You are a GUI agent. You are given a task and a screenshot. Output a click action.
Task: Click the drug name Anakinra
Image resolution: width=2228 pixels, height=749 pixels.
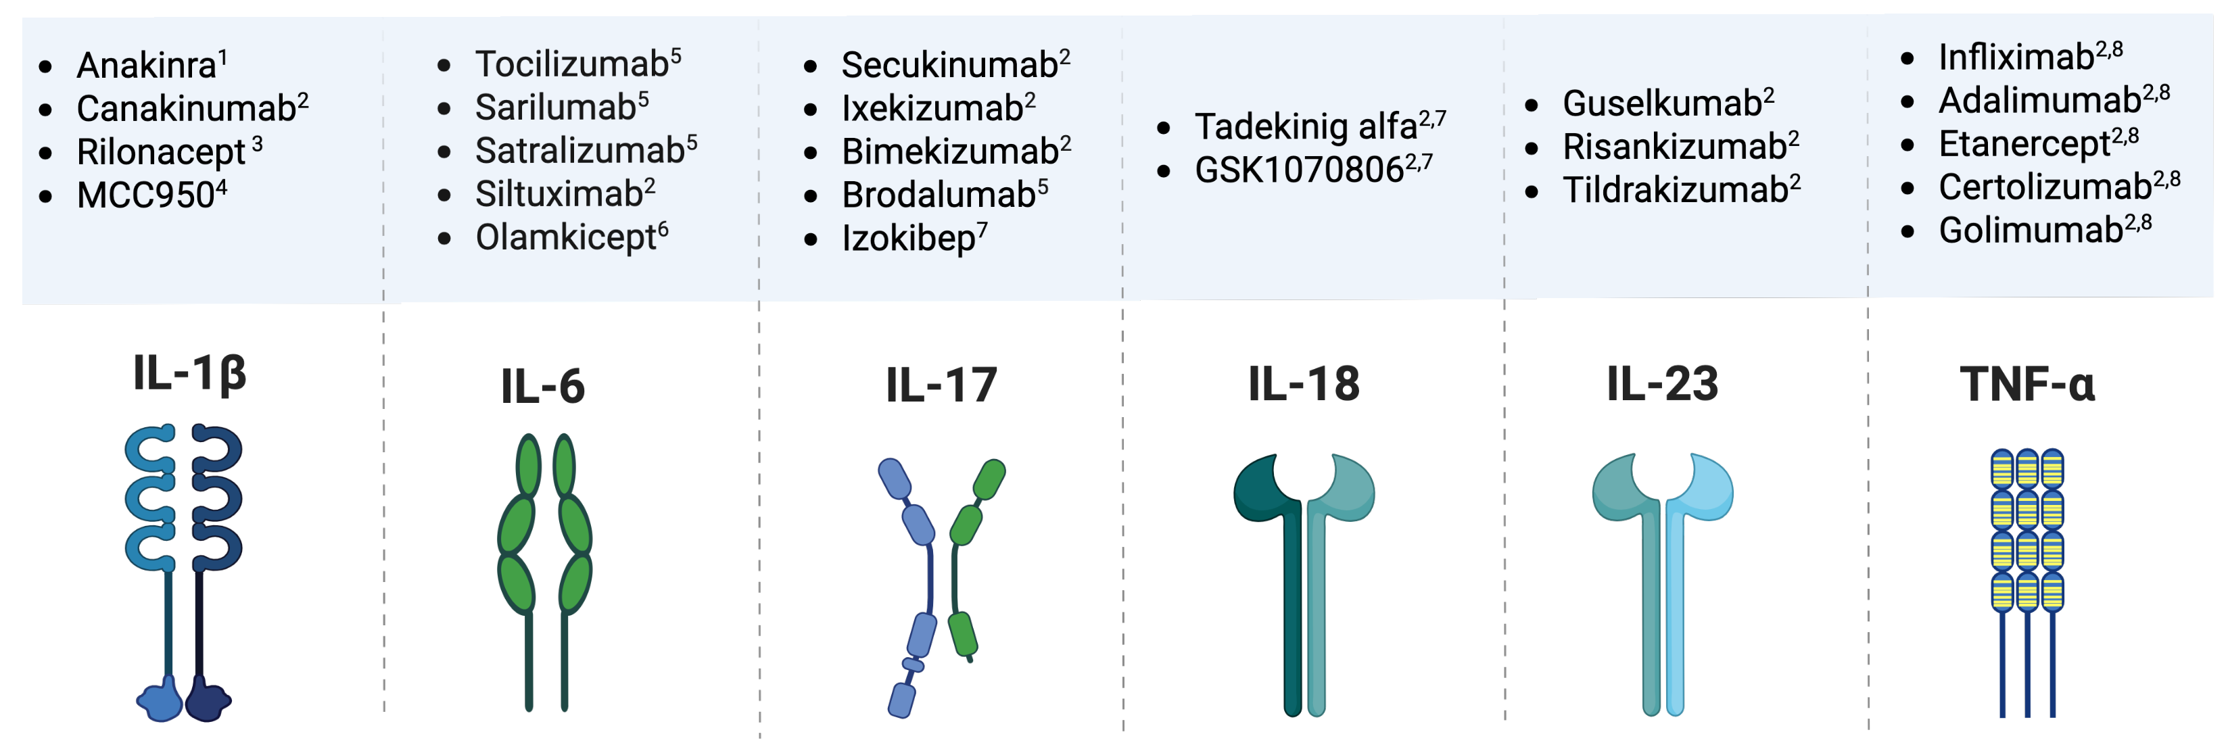click(146, 66)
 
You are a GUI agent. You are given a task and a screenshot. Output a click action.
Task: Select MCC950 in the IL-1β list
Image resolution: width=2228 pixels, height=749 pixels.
click(145, 195)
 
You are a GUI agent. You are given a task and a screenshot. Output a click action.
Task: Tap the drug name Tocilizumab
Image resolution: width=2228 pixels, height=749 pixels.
click(571, 64)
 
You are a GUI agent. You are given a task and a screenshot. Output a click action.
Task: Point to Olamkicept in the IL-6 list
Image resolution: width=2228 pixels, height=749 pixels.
click(566, 237)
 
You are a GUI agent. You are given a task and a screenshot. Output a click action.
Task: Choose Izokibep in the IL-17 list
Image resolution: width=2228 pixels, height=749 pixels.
click(908, 238)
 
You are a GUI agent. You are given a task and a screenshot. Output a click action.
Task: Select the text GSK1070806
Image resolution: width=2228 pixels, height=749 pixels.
click(1298, 170)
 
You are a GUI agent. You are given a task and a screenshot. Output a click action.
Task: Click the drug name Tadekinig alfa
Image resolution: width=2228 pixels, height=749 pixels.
click(1305, 127)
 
